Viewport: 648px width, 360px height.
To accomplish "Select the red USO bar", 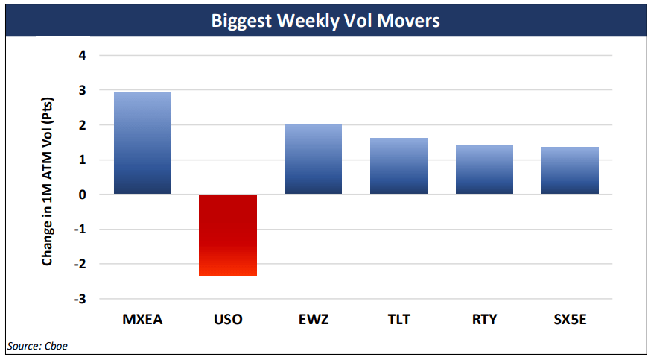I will pyautogui.click(x=228, y=235).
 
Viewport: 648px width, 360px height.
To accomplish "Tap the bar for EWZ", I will pyautogui.click(x=314, y=160).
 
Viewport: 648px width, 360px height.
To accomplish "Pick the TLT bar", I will pyautogui.click(x=399, y=166).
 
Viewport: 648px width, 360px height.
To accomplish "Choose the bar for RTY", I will pyautogui.click(x=484, y=170).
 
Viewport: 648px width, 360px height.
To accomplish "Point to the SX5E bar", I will pyautogui.click(x=570, y=171).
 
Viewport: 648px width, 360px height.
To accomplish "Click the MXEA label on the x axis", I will pyautogui.click(x=142, y=320).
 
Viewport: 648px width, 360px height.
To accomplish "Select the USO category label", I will pyautogui.click(x=228, y=320).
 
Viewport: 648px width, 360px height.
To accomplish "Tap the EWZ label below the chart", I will pyautogui.click(x=314, y=320).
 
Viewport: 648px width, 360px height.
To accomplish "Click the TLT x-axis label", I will pyautogui.click(x=399, y=320).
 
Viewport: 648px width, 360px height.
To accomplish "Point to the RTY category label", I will pyautogui.click(x=484, y=320).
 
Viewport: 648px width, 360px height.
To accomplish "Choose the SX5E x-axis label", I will pyautogui.click(x=570, y=320).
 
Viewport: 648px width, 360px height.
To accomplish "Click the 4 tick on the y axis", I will pyautogui.click(x=83, y=55).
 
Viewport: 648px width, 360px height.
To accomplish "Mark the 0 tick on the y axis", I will pyautogui.click(x=83, y=195).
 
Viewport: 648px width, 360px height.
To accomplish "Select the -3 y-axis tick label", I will pyautogui.click(x=80, y=299).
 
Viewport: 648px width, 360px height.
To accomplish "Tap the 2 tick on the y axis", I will pyautogui.click(x=83, y=125).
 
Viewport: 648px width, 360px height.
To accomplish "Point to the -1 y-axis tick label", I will pyautogui.click(x=80, y=230).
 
